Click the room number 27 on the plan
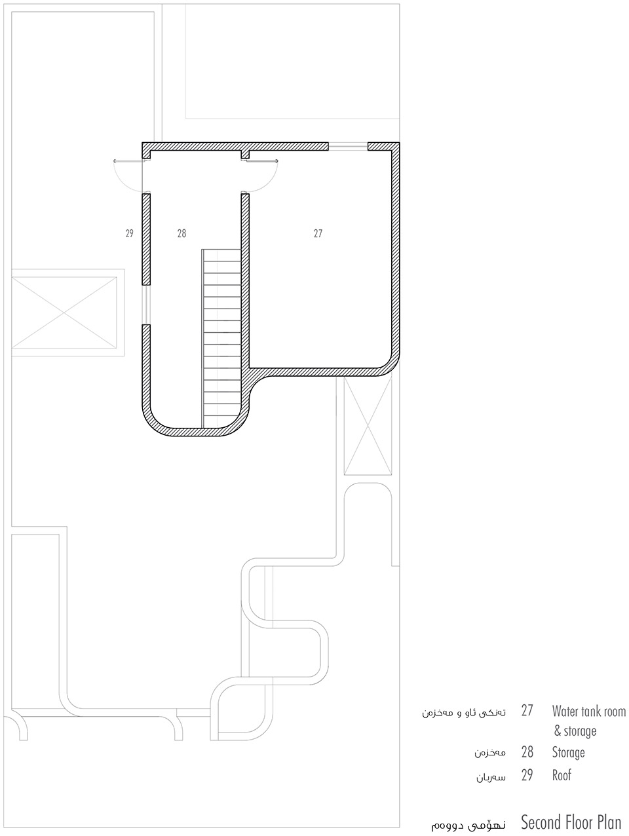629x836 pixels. point(318,233)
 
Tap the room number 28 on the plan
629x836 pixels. point(181,233)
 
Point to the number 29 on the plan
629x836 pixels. point(130,233)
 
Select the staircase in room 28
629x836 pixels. point(221,338)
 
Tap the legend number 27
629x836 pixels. point(527,711)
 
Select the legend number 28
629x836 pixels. point(527,752)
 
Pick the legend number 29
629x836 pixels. point(527,775)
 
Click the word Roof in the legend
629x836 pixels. point(562,775)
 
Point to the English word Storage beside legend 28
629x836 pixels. point(569,752)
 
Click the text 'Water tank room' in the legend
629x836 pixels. point(589,711)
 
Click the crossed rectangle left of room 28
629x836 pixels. point(64,313)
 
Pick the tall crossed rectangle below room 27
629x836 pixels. point(368,425)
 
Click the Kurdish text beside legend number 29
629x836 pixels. point(491,777)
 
